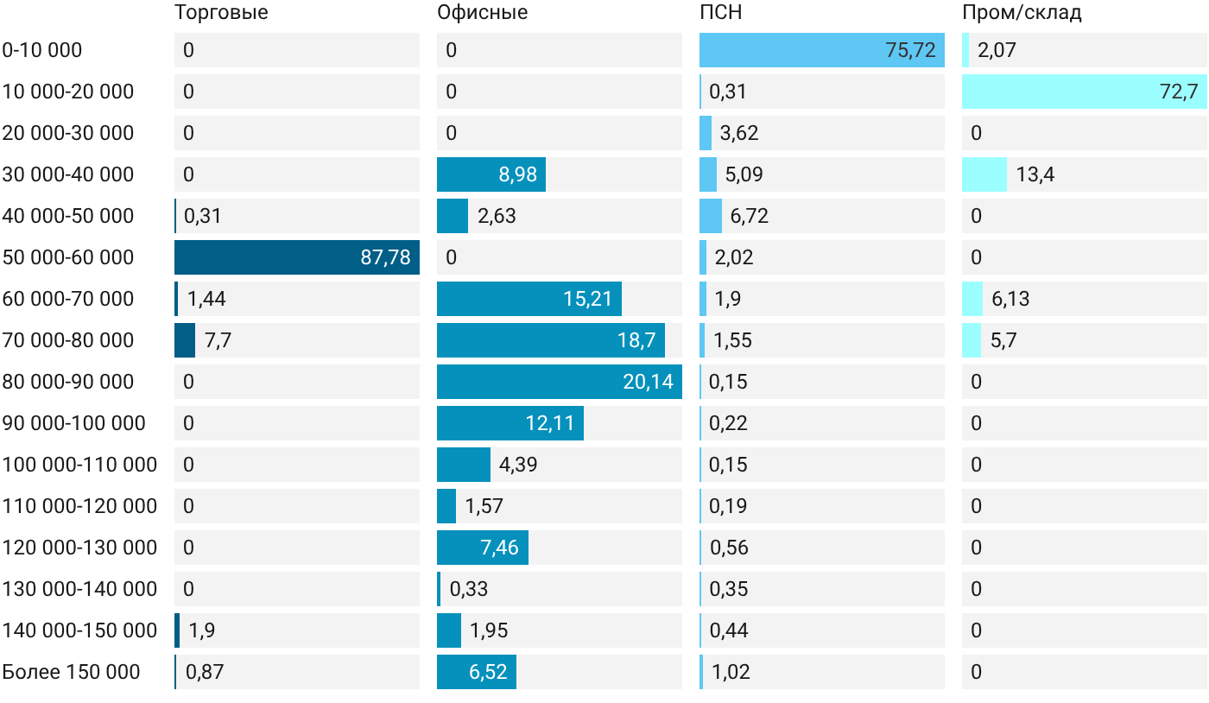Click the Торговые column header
point(221,12)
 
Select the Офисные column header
point(483,12)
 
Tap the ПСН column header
point(720,12)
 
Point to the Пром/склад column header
point(1022,12)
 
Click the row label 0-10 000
point(42,50)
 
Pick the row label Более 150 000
point(71,672)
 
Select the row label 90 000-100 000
point(73,423)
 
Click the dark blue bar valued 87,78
point(297,257)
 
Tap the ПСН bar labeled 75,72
point(822,50)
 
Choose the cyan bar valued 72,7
point(1085,92)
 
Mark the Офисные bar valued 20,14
point(560,382)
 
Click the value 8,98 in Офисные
point(517,174)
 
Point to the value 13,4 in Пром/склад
point(1035,174)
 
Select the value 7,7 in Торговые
point(218,340)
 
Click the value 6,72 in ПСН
point(750,216)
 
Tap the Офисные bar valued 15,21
point(529,299)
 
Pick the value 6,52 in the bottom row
point(488,672)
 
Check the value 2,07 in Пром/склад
point(997,50)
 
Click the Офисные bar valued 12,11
point(510,423)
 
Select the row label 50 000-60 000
point(67,257)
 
